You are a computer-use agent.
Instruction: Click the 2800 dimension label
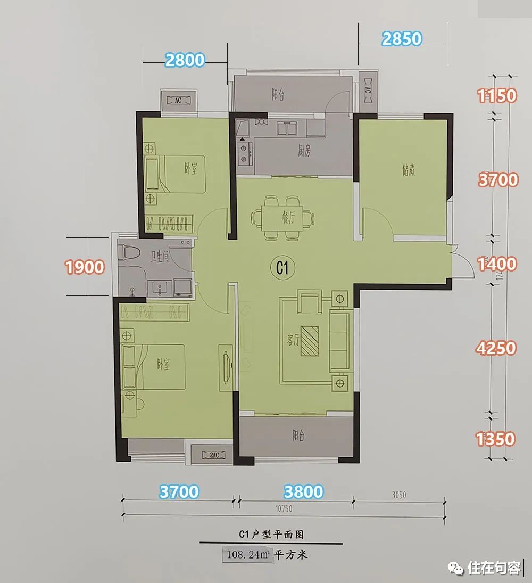click(185, 60)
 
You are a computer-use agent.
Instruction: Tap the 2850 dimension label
click(402, 39)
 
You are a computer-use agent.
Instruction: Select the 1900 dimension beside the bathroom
click(85, 266)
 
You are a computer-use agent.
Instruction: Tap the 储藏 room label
click(409, 171)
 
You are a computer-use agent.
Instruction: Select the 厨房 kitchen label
click(304, 152)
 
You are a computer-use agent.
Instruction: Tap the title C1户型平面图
click(271, 533)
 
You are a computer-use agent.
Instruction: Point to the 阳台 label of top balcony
click(278, 95)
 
